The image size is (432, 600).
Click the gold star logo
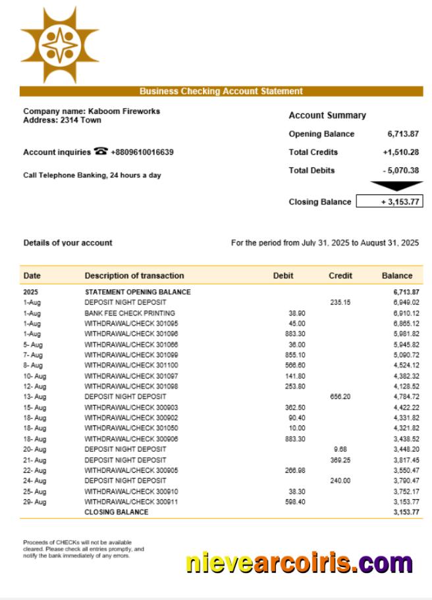59,45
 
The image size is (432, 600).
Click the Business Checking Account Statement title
221,92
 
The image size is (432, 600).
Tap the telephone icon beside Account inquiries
101,151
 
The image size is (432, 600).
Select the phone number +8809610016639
142,152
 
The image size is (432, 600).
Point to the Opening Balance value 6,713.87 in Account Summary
403,134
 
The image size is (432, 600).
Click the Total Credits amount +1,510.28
400,152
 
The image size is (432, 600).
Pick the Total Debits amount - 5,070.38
400,171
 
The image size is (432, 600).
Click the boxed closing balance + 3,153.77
389,202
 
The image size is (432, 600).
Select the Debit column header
283,276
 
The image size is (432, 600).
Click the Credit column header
340,276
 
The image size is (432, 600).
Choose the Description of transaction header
134,276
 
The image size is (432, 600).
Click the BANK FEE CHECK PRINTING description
130,313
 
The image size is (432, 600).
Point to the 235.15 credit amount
340,302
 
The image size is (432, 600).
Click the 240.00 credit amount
340,481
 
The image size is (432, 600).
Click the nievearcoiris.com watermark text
299,563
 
